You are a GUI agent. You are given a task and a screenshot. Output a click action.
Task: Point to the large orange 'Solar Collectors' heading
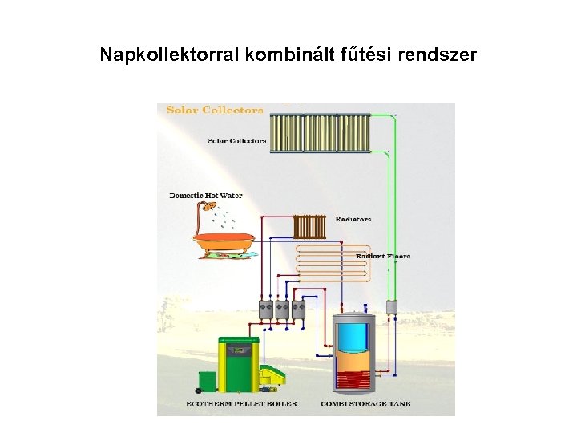point(215,109)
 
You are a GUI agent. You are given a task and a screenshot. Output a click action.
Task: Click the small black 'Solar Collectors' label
point(237,140)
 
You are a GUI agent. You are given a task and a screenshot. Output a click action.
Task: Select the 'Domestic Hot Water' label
point(206,195)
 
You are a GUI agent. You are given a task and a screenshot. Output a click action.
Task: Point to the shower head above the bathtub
point(208,206)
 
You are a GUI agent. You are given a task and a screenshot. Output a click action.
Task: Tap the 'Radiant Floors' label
point(382,256)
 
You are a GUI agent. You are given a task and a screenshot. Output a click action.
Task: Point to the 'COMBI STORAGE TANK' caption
point(365,403)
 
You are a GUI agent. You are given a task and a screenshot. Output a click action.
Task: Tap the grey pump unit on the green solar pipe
point(392,306)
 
